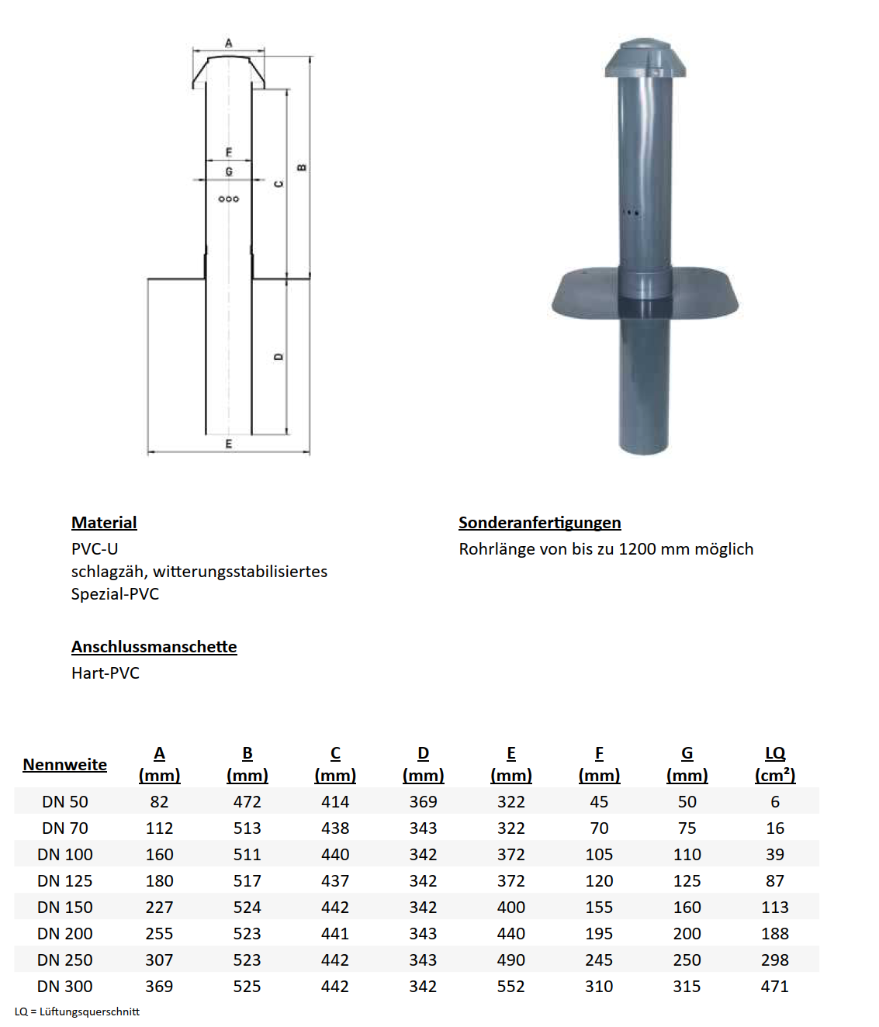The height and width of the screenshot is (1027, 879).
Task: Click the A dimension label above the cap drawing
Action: tap(228, 43)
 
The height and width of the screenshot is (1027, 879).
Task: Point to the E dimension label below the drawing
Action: tap(228, 444)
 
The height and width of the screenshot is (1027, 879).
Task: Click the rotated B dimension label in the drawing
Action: tap(302, 168)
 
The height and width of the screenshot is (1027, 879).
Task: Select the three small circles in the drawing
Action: tap(229, 199)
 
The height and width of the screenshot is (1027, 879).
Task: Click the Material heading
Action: tap(104, 523)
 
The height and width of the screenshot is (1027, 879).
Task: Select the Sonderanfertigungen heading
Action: tap(539, 523)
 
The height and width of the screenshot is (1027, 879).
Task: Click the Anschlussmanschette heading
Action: tap(154, 647)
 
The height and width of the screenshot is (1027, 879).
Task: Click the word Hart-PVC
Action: tap(106, 673)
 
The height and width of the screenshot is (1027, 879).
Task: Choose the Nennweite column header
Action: tap(65, 765)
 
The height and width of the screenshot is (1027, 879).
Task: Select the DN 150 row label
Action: tap(65, 908)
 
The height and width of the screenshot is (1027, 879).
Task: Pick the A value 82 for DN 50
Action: tap(159, 802)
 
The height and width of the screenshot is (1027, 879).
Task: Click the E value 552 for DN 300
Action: tap(511, 987)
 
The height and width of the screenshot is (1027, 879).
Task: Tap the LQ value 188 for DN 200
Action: tap(775, 934)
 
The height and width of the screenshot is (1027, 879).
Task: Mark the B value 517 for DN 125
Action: tap(247, 881)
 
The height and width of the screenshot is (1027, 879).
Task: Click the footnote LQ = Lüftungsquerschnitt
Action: tap(77, 1011)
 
